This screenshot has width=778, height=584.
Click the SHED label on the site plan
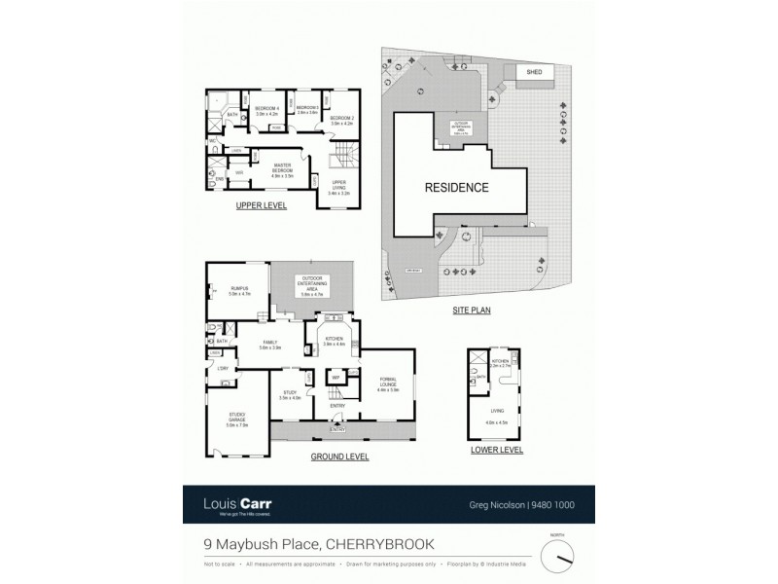click(534, 72)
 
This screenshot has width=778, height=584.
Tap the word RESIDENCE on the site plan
click(455, 187)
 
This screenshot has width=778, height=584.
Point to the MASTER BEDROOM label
click(283, 167)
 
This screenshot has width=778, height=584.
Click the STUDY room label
click(290, 394)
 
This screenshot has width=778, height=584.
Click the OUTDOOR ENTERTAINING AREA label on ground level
click(312, 283)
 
